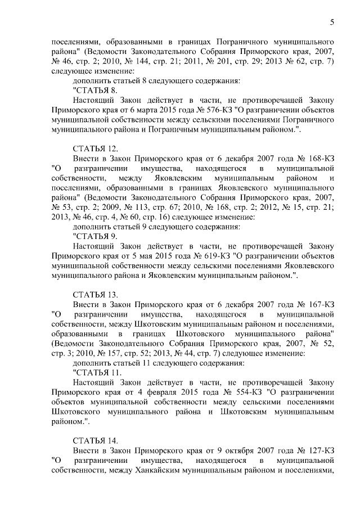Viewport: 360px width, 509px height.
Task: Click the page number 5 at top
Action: point(332,22)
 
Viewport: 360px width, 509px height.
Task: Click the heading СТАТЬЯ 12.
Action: point(95,148)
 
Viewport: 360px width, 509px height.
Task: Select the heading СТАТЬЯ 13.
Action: point(95,294)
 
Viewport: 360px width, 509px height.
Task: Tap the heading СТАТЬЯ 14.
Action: point(95,440)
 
